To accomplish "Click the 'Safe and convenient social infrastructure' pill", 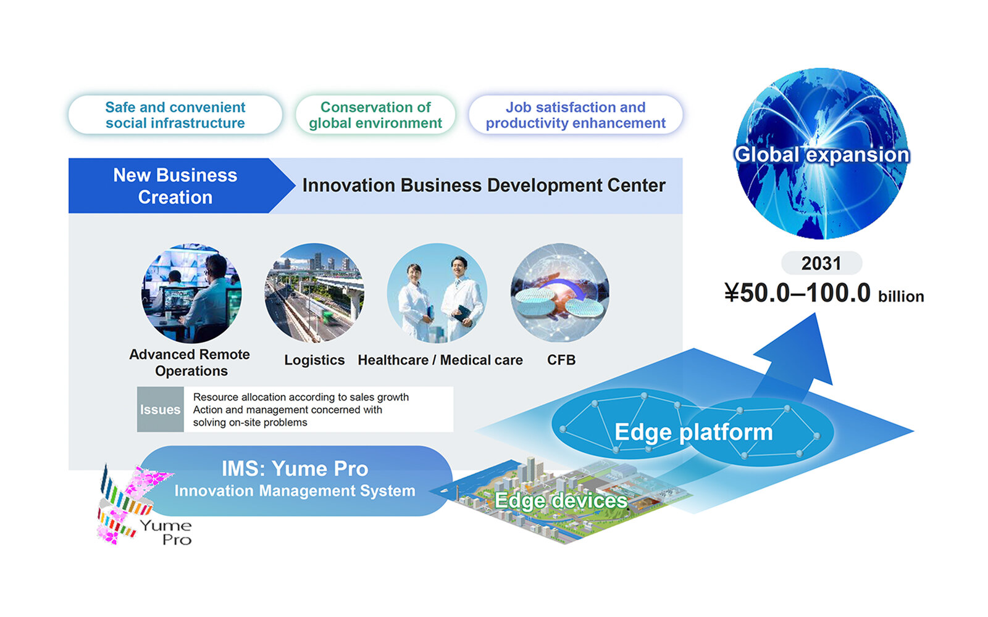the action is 175,115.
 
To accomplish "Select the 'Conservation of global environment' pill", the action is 375,115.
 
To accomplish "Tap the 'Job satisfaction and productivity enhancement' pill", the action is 576,115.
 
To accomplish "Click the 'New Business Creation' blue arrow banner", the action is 177,186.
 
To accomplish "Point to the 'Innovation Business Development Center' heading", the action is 484,186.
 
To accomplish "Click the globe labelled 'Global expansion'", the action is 821,154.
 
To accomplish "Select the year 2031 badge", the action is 821,263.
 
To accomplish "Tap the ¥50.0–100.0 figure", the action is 797,292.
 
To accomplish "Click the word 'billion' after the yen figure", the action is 901,296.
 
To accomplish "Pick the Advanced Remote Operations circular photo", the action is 191,293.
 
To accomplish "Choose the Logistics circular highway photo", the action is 314,293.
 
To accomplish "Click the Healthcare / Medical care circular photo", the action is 437,293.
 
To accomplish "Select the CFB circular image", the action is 560,293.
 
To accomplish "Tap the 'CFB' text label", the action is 561,360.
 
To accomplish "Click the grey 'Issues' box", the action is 160,410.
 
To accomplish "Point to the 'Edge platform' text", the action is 693,432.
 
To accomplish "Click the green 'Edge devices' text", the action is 561,500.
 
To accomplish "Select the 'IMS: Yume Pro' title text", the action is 295,468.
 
